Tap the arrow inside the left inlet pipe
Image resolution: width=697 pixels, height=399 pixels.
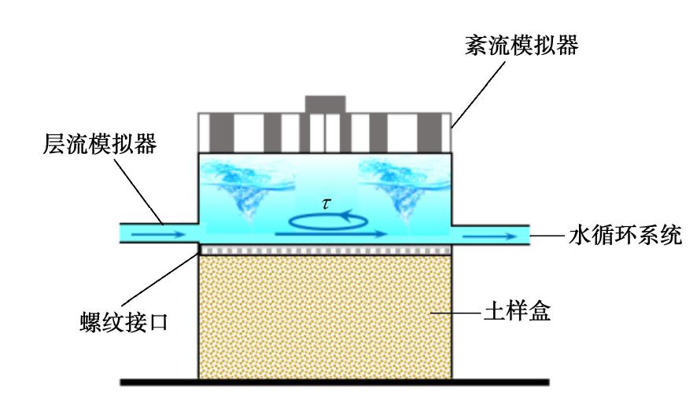tap(155, 234)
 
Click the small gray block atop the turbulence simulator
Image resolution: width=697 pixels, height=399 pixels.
tap(325, 104)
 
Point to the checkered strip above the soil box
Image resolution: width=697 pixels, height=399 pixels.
tap(325, 250)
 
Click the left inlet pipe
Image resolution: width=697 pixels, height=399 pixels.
tap(157, 234)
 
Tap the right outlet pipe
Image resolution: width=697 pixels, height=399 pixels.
tap(492, 234)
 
